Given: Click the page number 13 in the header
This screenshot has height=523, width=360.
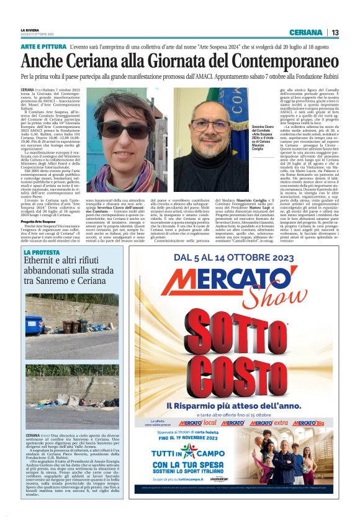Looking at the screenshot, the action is [335, 32].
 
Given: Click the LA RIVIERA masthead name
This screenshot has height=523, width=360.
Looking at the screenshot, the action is [29, 30].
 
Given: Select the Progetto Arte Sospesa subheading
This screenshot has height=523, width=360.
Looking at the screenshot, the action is [38, 221].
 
